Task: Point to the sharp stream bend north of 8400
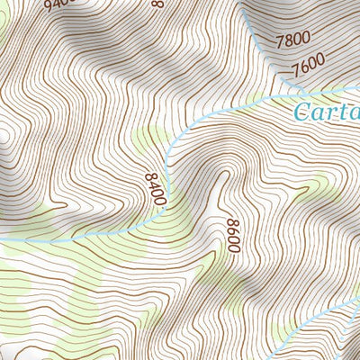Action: click(171, 144)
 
